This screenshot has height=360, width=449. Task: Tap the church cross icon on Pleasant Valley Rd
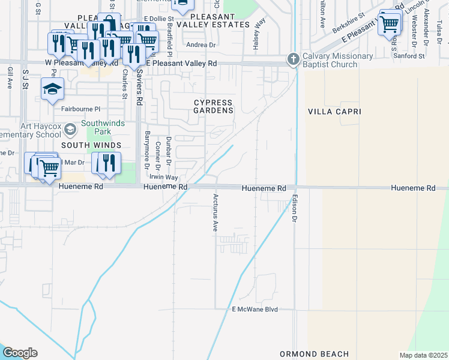[293, 59]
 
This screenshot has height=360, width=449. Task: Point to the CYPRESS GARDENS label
[213, 106]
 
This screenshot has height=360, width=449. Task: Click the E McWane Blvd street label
[255, 310]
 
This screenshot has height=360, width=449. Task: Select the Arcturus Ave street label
[215, 213]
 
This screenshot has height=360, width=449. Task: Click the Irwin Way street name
[163, 178]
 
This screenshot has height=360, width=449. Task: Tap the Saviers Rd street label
[139, 83]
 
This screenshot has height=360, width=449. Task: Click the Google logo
[20, 353]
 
